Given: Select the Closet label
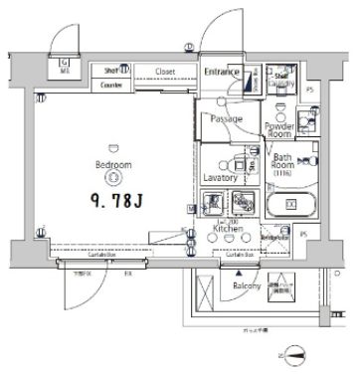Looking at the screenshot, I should [164, 72].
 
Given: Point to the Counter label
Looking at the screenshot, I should [112, 87].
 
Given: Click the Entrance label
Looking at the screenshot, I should [222, 72].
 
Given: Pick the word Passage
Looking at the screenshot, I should [226, 118].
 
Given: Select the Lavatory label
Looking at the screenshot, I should [220, 177].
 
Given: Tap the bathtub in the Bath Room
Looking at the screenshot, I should [290, 206].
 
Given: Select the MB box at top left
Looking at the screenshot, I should [65, 67].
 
